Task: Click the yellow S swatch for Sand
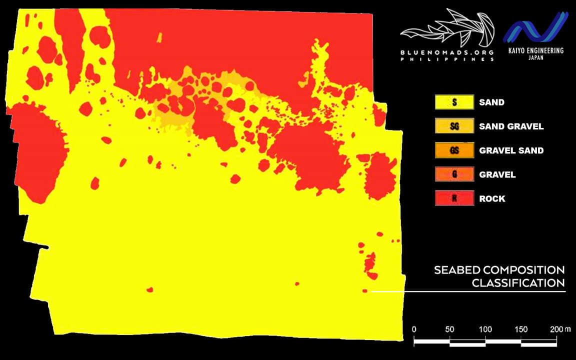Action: pyautogui.click(x=454, y=102)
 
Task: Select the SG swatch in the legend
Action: pyautogui.click(x=454, y=126)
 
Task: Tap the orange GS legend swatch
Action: pyautogui.click(x=454, y=150)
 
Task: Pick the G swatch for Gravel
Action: pyautogui.click(x=454, y=174)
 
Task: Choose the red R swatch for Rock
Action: pyautogui.click(x=454, y=198)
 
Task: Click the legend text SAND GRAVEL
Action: pyautogui.click(x=511, y=126)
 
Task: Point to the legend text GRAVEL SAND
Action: pyautogui.click(x=511, y=150)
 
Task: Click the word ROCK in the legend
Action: pyautogui.click(x=492, y=198)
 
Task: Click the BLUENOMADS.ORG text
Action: pyautogui.click(x=447, y=52)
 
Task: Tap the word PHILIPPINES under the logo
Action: pyautogui.click(x=447, y=59)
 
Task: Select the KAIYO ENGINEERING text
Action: pyautogui.click(x=536, y=50)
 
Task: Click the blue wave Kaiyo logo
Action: pyautogui.click(x=535, y=27)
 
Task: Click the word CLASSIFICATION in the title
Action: pyautogui.click(x=518, y=283)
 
